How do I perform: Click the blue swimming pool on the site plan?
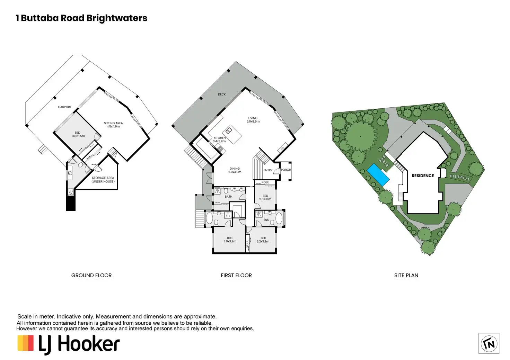click(378, 174)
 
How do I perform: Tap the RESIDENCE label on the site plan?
click(423, 176)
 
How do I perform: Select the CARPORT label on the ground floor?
click(65, 107)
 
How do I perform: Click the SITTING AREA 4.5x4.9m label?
click(113, 125)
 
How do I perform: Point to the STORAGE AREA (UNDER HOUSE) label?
click(103, 180)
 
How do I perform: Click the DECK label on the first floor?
click(222, 94)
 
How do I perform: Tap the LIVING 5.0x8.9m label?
click(253, 120)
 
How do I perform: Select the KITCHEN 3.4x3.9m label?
click(219, 139)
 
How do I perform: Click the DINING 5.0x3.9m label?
click(235, 170)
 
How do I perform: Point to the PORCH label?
click(286, 170)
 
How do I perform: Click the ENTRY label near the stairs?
click(268, 170)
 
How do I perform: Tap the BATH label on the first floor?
click(228, 197)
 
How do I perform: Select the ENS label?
click(266, 220)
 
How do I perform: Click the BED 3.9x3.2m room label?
click(230, 240)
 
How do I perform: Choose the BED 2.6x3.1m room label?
click(265, 197)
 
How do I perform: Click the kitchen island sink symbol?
click(229, 130)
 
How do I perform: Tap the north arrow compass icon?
click(489, 343)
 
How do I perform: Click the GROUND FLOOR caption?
click(91, 276)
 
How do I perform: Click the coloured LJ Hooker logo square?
click(26, 343)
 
